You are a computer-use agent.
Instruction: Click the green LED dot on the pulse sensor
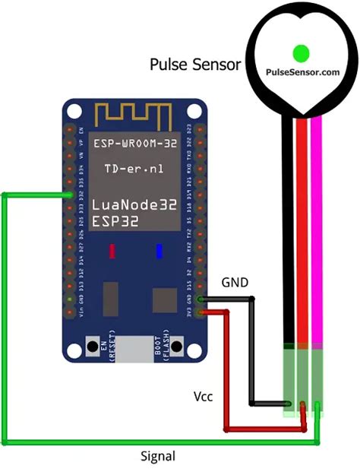tap(301, 52)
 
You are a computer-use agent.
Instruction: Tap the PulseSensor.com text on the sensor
tap(302, 72)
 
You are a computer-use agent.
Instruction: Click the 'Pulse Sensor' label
tap(195, 65)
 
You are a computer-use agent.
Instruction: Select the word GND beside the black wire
tap(234, 283)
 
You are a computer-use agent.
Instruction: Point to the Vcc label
tap(203, 397)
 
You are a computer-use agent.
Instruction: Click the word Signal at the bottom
tap(158, 456)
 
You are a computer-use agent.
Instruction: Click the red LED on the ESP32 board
tap(112, 251)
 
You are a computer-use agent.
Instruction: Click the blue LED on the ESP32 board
tap(159, 251)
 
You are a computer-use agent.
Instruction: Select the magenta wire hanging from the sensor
tap(316, 228)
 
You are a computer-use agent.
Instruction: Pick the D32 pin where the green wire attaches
tap(71, 195)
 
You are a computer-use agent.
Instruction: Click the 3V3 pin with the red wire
tap(201, 311)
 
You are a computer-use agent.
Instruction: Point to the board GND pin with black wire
tap(201, 300)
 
